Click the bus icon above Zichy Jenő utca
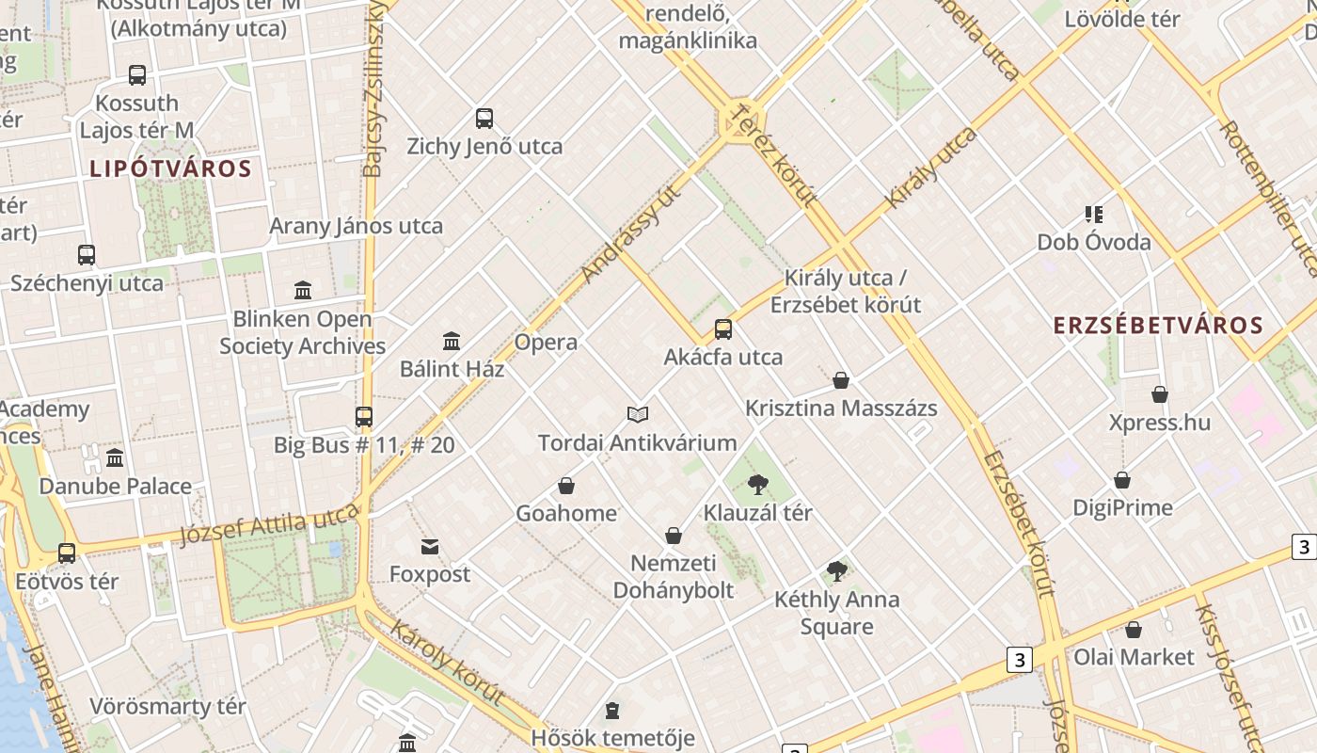pyautogui.click(x=484, y=119)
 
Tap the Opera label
pyautogui.click(x=546, y=343)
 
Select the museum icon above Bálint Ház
pyautogui.click(x=452, y=341)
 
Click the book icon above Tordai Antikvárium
pyautogui.click(x=638, y=414)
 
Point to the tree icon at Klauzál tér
pyautogui.click(x=757, y=486)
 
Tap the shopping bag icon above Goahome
pyautogui.click(x=566, y=486)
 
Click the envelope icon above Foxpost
pyautogui.click(x=430, y=547)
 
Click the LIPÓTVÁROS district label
pyautogui.click(x=170, y=169)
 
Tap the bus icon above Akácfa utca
pyautogui.click(x=723, y=329)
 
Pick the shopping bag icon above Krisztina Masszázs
pyautogui.click(x=841, y=380)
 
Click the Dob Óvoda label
pyautogui.click(x=1094, y=242)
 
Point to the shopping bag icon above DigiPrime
pyautogui.click(x=1122, y=480)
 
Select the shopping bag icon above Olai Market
pyautogui.click(x=1134, y=630)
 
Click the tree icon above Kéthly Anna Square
pyautogui.click(x=836, y=571)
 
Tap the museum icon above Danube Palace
pyautogui.click(x=115, y=458)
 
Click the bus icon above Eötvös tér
pyautogui.click(x=67, y=553)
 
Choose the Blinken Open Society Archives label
pyautogui.click(x=302, y=332)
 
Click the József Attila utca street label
pyautogui.click(x=269, y=524)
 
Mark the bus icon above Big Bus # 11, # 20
pyautogui.click(x=364, y=416)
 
